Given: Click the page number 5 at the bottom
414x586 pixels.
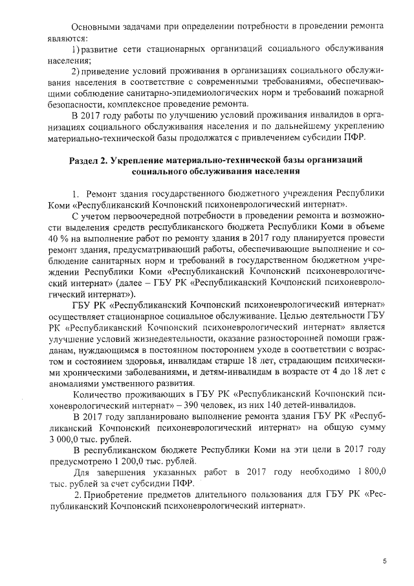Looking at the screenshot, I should [384, 561].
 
